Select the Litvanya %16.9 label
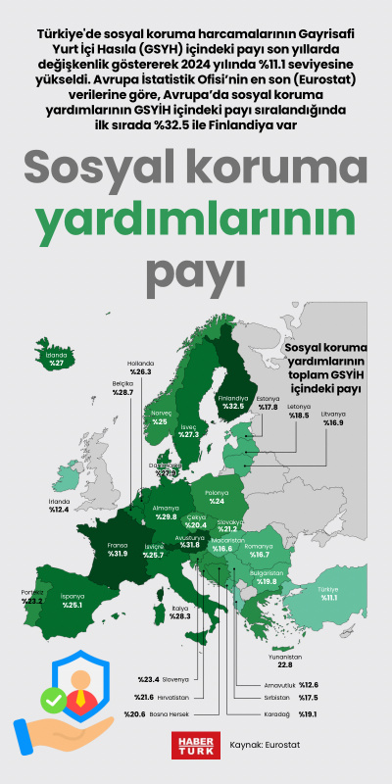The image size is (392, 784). tap(334, 418)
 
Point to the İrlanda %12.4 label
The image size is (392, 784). tap(59, 506)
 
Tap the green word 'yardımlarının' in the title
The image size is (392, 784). tap(195, 217)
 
